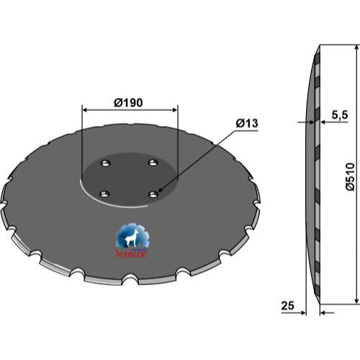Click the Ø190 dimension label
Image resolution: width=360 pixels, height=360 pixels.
[x=128, y=103]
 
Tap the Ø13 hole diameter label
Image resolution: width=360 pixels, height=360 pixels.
[x=247, y=123]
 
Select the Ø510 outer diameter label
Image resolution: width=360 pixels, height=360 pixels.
[x=350, y=176]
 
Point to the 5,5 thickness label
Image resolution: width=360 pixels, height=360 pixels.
[x=340, y=115]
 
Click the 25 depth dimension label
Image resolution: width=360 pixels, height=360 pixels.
[x=287, y=306]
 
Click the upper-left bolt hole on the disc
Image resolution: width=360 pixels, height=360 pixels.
[x=105, y=163]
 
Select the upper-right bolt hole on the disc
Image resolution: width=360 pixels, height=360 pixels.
[x=153, y=163]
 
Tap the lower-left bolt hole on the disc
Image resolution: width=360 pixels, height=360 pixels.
[x=104, y=194]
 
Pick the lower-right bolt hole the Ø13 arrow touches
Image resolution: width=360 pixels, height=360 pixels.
[x=154, y=194]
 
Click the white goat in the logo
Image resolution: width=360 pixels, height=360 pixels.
[x=130, y=238]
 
